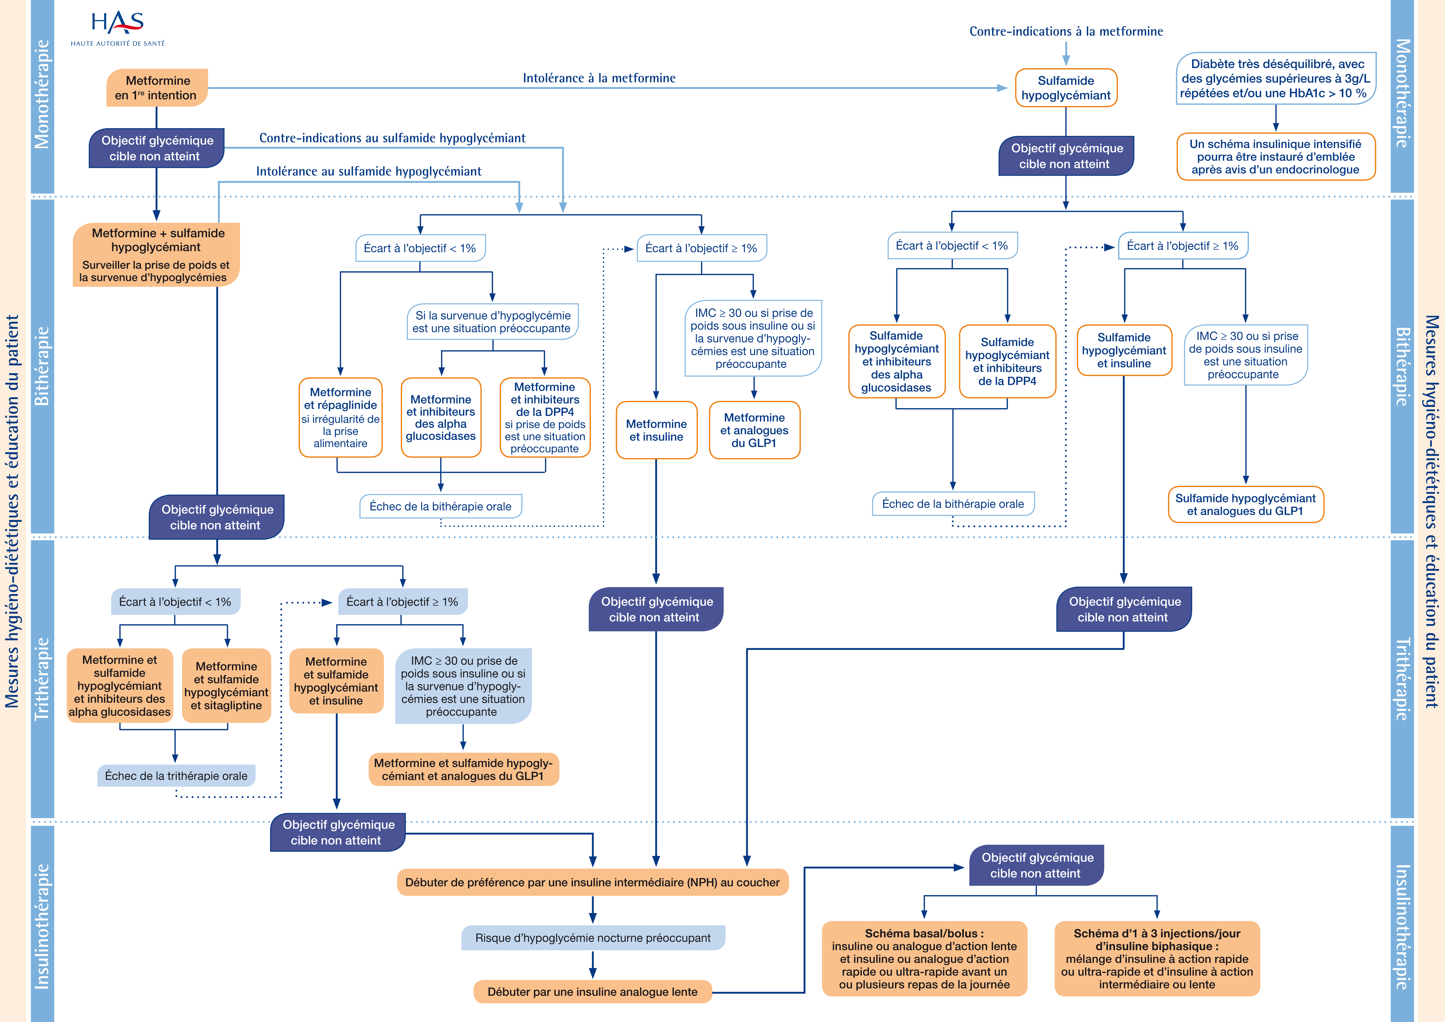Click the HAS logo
118,28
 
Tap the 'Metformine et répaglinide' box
340,417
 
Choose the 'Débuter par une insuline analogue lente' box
592,992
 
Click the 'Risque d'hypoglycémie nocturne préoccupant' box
593,938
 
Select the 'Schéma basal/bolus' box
924,958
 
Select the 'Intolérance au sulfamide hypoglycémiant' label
369,171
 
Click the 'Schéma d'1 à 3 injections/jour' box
1157,958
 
